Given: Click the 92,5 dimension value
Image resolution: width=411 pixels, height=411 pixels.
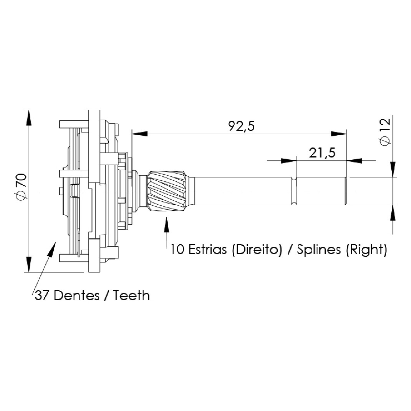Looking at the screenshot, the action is coord(241,126).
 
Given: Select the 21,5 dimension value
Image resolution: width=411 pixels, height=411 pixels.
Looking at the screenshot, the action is coord(322,153).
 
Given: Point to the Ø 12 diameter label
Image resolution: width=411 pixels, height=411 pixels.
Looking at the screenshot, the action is coord(385,132).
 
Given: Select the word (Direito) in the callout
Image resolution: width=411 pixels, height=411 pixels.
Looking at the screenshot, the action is coord(257,249).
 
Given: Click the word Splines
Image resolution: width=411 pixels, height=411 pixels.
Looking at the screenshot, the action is coord(318,250).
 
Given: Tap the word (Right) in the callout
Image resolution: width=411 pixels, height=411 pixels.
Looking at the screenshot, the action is coord(366,250).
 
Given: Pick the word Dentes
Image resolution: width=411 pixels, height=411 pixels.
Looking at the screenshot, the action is coord(77,296).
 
